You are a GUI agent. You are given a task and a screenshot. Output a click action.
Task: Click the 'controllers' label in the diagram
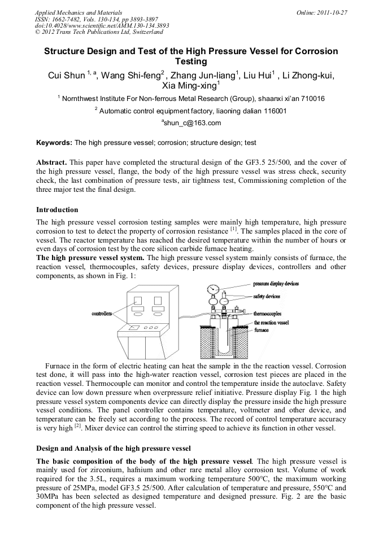tap(102, 313)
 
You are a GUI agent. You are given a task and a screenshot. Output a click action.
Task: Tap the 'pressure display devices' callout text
tap(276, 284)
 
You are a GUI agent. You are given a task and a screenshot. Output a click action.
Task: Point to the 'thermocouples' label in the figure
tap(269, 313)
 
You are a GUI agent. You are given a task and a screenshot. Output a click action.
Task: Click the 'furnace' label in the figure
tap(262, 331)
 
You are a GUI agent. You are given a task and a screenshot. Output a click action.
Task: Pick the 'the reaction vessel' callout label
tap(271, 322)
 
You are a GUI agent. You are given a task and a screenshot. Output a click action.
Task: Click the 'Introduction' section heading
tap(57, 210)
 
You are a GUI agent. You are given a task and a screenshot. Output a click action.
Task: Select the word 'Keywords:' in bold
tap(55, 143)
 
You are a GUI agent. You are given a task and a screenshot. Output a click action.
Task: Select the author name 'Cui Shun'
tap(66, 74)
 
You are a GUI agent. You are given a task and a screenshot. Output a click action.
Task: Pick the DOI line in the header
tap(102, 26)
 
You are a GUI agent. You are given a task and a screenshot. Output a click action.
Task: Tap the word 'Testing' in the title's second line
tap(191, 61)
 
